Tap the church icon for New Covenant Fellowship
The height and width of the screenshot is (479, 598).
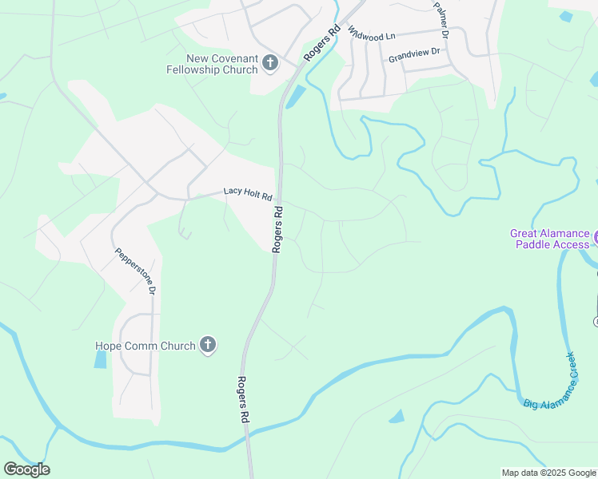click(269, 63)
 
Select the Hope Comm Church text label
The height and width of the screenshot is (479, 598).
click(146, 346)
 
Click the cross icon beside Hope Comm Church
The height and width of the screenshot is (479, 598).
click(207, 345)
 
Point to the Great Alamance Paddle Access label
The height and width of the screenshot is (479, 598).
click(550, 239)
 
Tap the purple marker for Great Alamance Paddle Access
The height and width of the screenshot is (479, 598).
click(596, 238)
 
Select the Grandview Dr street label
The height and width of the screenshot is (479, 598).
click(414, 56)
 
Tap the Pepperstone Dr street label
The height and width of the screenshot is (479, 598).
click(134, 271)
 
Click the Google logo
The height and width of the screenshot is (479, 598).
click(26, 469)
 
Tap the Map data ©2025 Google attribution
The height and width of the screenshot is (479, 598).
click(548, 473)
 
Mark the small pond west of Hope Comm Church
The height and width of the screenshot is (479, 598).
click(100, 359)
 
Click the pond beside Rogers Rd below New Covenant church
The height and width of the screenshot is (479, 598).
click(294, 97)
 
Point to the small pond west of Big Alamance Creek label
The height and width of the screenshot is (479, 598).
click(397, 417)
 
